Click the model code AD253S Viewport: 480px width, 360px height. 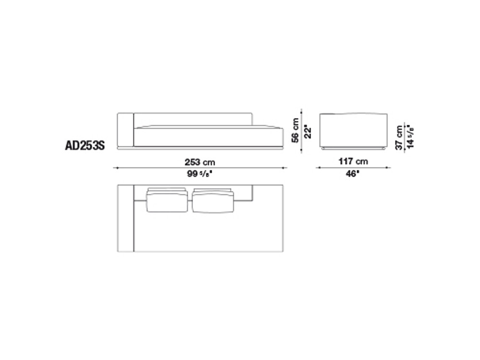[x=85, y=144]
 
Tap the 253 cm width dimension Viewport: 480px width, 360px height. [x=200, y=162]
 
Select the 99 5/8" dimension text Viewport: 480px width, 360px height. [x=200, y=174]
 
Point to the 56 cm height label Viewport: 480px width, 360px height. [x=296, y=130]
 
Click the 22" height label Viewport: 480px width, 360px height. [x=310, y=130]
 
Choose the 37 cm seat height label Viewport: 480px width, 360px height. [x=399, y=137]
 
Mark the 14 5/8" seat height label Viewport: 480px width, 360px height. [x=411, y=137]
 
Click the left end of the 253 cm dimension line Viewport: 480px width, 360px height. [x=114, y=168]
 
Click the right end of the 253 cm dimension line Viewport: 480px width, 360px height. [x=287, y=168]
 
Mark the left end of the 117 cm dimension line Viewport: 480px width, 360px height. [x=316, y=168]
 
